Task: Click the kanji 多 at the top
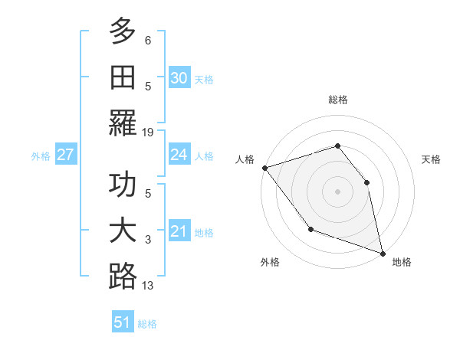coord(123,33)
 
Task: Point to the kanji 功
coord(123,187)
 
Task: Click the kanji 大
coord(123,231)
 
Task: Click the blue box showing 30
coord(179,78)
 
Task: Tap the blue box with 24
coord(179,155)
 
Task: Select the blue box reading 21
coord(179,231)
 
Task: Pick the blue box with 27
coord(66,155)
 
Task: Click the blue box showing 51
coord(123,322)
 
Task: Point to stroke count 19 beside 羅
coord(148,132)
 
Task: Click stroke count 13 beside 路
coord(148,286)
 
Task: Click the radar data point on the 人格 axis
coord(264,168)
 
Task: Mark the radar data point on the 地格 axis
coord(382,254)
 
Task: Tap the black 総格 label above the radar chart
coord(338,100)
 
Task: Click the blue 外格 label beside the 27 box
coord(41,156)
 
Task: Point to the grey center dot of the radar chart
coord(337,191)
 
